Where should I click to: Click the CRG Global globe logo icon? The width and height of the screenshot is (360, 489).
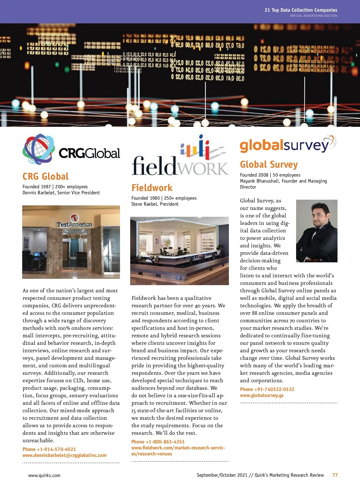click(x=39, y=149)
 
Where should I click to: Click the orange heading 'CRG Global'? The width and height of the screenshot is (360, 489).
click(x=46, y=176)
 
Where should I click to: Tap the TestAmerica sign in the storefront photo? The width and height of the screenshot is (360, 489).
click(x=74, y=223)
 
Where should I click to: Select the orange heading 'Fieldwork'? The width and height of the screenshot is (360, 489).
click(x=152, y=188)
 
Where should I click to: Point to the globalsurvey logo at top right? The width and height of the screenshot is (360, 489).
click(x=287, y=145)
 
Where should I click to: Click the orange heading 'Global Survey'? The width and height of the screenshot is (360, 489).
click(x=269, y=165)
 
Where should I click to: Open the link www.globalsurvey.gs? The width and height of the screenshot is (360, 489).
click(x=262, y=395)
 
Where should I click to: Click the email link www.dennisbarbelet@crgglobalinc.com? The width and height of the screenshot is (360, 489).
click(x=64, y=455)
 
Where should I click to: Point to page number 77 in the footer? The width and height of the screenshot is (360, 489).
click(x=335, y=475)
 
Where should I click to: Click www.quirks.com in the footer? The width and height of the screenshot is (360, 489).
click(x=44, y=475)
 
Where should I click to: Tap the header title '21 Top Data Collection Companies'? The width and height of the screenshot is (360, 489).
click(x=301, y=10)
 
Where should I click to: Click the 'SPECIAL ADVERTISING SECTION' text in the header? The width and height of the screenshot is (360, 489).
click(x=313, y=16)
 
